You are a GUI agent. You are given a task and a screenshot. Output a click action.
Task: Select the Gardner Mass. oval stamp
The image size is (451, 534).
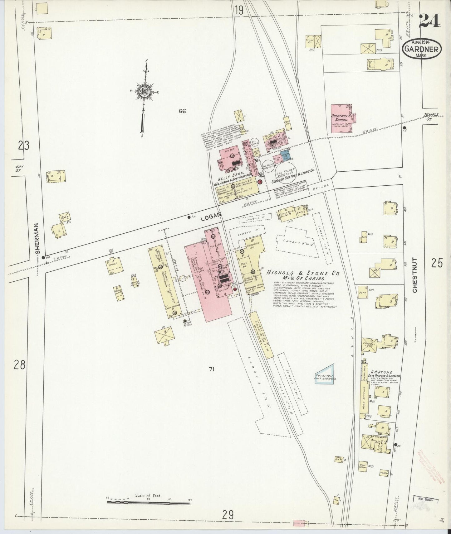coord(422,49)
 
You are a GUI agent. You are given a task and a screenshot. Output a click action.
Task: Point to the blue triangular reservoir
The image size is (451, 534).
coord(326,372)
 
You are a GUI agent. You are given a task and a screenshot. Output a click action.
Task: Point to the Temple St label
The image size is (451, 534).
coord(431,117)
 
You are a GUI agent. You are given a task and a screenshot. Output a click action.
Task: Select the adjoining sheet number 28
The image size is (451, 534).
coord(19,364)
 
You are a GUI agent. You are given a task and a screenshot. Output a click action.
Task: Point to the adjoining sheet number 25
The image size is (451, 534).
coord(437,264)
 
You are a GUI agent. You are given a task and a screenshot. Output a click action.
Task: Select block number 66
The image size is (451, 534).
coord(182,111)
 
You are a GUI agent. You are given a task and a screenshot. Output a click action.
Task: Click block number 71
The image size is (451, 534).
coord(212,370)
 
